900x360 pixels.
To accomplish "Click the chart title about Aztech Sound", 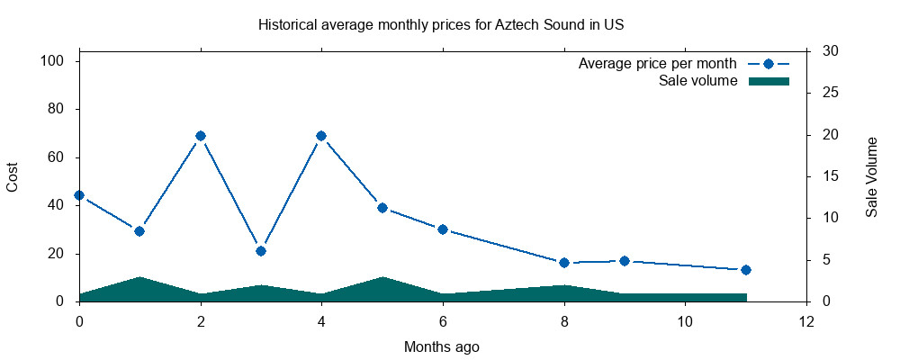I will point(441,24).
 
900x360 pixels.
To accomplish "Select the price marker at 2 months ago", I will point(201,136).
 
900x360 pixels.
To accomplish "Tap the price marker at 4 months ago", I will point(321,136).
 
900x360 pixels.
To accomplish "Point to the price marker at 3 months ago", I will point(261,251).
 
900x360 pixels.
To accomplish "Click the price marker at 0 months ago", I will point(79,195).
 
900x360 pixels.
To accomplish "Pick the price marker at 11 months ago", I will point(745,270).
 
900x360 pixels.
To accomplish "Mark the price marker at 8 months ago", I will point(564,263).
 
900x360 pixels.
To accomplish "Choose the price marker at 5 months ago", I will point(382,208).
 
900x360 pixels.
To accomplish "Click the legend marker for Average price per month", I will point(769,64).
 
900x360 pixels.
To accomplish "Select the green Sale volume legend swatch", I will point(769,81).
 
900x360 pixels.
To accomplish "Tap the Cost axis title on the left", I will point(13,177).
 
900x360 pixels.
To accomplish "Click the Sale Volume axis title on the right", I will point(871,177).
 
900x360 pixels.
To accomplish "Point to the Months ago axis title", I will point(441,346).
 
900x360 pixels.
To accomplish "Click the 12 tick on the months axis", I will point(805,321).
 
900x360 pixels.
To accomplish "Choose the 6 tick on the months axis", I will point(443,321).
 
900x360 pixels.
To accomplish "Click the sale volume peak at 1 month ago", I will point(139,278).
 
